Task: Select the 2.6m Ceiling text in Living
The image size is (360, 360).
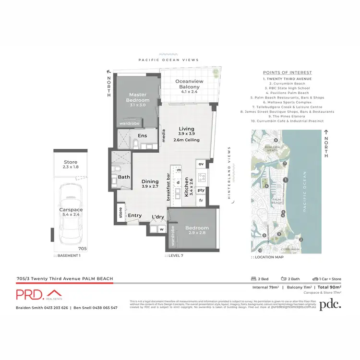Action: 186,140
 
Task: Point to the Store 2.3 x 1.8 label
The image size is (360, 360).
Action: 70,165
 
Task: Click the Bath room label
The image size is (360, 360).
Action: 123,177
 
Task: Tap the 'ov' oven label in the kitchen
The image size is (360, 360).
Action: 201,164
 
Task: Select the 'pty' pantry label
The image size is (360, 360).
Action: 201,190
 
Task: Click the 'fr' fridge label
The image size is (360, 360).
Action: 201,200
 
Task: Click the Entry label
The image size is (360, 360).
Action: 135,216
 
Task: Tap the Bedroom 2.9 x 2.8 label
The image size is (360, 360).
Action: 197,230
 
